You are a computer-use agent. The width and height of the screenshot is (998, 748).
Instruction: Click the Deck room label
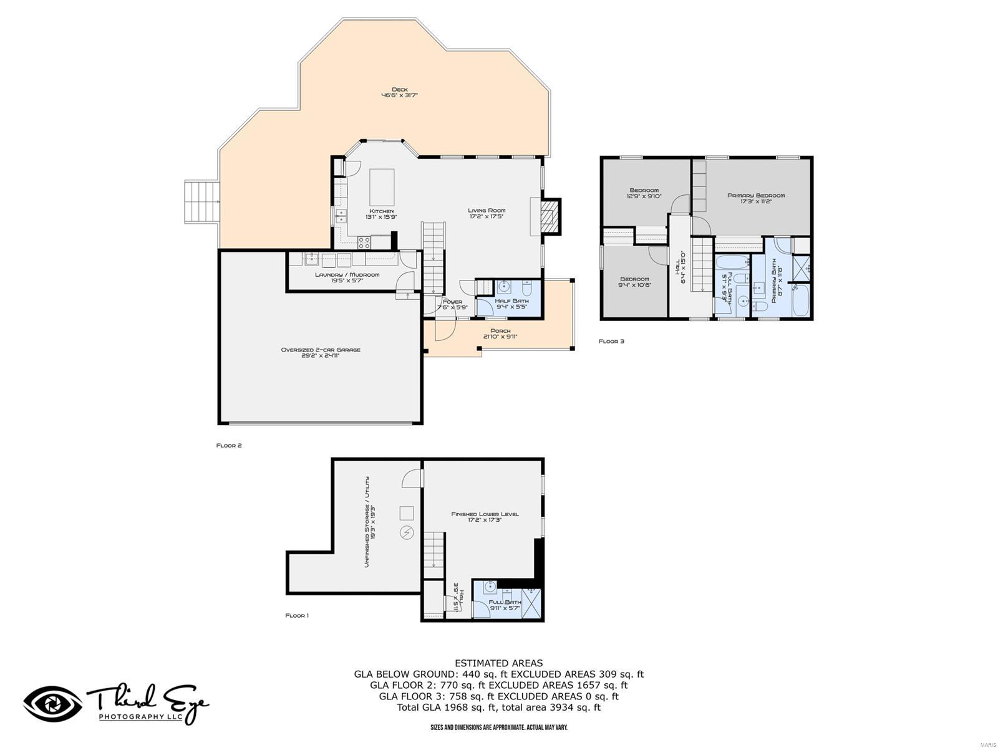pyautogui.click(x=399, y=92)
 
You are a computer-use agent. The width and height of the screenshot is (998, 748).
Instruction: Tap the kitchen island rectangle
pyautogui.click(x=382, y=186)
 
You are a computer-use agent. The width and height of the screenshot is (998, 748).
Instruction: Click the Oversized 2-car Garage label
pyautogui.click(x=321, y=353)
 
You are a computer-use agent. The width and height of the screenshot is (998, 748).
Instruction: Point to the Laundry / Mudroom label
pyautogui.click(x=347, y=277)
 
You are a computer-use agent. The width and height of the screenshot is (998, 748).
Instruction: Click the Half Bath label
pyautogui.click(x=511, y=304)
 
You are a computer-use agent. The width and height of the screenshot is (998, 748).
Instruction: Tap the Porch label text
pyautogui.click(x=500, y=333)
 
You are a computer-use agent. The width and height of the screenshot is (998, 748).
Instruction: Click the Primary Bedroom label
pyautogui.click(x=756, y=198)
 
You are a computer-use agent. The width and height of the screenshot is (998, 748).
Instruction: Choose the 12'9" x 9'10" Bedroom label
pyautogui.click(x=644, y=193)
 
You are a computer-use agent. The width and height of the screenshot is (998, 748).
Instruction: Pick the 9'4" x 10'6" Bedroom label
pyautogui.click(x=634, y=282)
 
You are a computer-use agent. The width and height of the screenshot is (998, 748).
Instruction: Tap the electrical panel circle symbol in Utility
pyautogui.click(x=407, y=533)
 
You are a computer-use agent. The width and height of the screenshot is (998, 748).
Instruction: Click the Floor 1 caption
pyautogui.click(x=297, y=615)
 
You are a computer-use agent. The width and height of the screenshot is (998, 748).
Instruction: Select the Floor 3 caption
pyautogui.click(x=611, y=341)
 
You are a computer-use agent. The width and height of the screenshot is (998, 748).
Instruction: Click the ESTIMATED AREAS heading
pyautogui.click(x=498, y=663)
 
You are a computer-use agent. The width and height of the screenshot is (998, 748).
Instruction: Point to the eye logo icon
pyautogui.click(x=52, y=704)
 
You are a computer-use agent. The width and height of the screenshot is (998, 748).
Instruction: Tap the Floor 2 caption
pyautogui.click(x=228, y=445)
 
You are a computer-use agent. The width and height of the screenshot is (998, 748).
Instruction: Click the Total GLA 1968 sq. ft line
pyautogui.click(x=498, y=707)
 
